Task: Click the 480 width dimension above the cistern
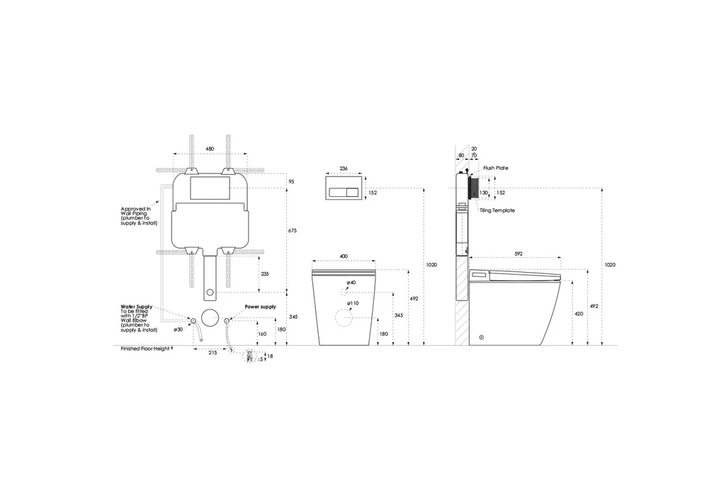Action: [210, 149]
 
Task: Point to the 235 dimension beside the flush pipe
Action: [264, 273]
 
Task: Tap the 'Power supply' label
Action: [261, 307]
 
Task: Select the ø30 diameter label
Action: [178, 329]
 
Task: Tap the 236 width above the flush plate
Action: [343, 168]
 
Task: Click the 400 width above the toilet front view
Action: [343, 256]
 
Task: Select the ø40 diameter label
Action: [351, 283]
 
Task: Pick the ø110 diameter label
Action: [353, 303]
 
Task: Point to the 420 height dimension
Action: [579, 313]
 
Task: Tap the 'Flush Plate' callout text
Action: [496, 168]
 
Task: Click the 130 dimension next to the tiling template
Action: [484, 192]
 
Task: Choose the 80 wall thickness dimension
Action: [461, 154]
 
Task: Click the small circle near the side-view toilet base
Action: [482, 338]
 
